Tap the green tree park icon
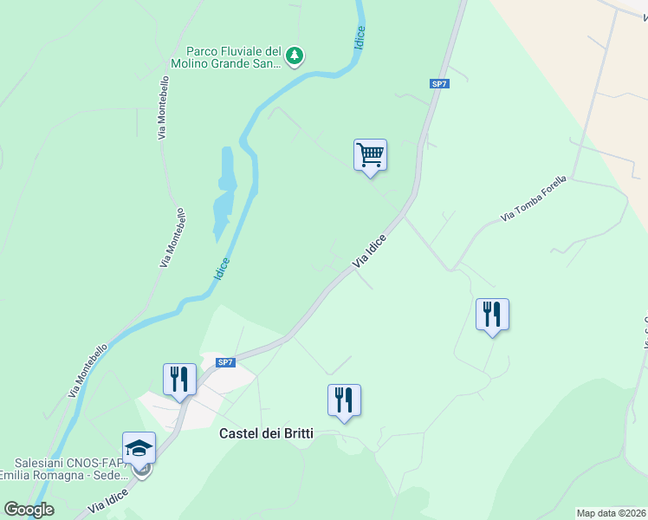(295, 56)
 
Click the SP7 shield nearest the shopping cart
(439, 83)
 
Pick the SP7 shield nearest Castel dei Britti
(225, 361)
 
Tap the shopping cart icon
(370, 156)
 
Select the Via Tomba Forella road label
(533, 198)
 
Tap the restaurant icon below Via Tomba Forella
(492, 315)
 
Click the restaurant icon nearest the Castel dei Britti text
(344, 400)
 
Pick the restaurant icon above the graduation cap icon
(179, 380)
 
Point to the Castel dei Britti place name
(266, 433)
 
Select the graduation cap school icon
(139, 448)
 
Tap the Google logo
(29, 510)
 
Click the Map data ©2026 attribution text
(612, 512)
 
